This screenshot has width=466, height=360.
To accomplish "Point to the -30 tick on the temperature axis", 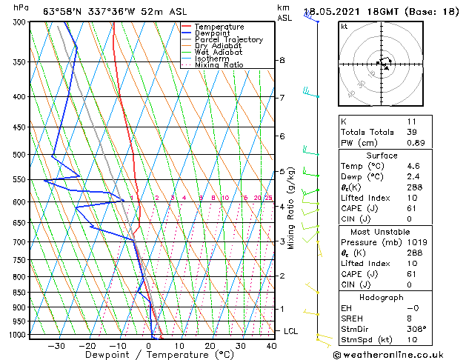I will pos(56,346).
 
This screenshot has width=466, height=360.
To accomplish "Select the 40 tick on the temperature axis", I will pos(271,346).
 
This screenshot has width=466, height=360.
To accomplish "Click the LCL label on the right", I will pos(291,331).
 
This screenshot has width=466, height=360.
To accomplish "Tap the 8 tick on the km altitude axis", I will pos(282,60).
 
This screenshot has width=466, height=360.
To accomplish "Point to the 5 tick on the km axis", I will pos(282,172).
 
